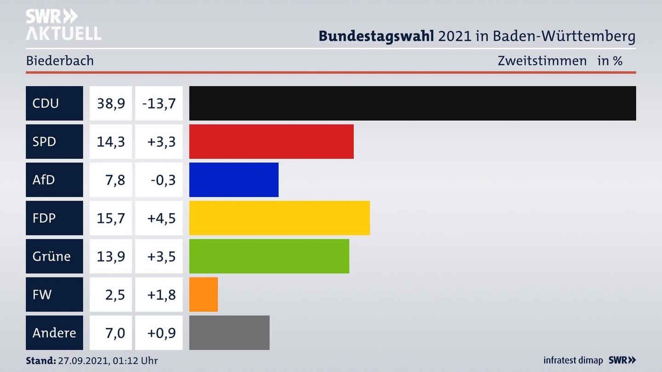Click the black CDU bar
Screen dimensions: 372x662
pyautogui.click(x=412, y=103)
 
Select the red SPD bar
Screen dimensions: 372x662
pyautogui.click(x=271, y=141)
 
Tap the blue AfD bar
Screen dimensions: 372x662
pyautogui.click(x=234, y=180)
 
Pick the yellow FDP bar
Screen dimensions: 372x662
pyautogui.click(x=280, y=218)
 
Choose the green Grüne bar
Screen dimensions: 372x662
pyautogui.click(x=269, y=256)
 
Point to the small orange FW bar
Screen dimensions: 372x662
pyautogui.click(x=203, y=294)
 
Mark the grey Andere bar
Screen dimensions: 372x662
pyautogui.click(x=229, y=333)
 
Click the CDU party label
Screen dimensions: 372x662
pyautogui.click(x=46, y=103)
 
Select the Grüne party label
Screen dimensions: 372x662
pyautogui.click(x=51, y=256)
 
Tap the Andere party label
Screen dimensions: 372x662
pyautogui.click(x=54, y=333)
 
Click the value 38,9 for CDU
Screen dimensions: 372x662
pyautogui.click(x=111, y=103)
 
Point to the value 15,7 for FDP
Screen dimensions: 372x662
pyautogui.click(x=111, y=218)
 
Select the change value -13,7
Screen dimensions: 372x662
pyautogui.click(x=159, y=103)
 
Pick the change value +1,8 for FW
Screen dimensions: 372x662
pyautogui.click(x=161, y=294)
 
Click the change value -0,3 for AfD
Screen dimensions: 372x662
pyautogui.click(x=163, y=180)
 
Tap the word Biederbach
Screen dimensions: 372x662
pyautogui.click(x=60, y=61)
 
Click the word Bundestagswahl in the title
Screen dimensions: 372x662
pyautogui.click(x=376, y=36)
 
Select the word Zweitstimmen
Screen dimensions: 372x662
pyautogui.click(x=542, y=61)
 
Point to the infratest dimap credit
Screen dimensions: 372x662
pyautogui.click(x=573, y=361)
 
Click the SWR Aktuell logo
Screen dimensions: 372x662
pyautogui.click(x=63, y=25)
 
